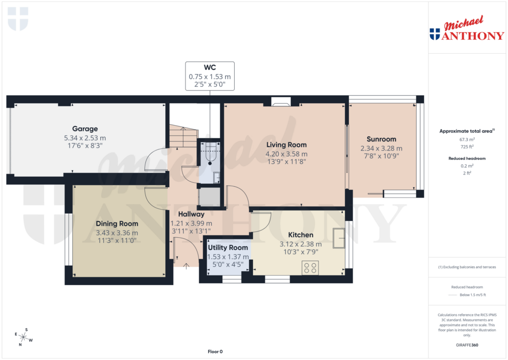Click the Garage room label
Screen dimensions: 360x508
click(84, 129)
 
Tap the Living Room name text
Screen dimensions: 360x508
click(287, 144)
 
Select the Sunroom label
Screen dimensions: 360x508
click(381, 139)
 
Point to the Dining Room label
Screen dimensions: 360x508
click(117, 224)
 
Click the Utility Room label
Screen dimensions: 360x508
click(228, 247)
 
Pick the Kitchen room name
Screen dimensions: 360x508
click(301, 235)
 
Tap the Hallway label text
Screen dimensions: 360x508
click(191, 214)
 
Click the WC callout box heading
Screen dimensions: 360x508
click(209, 67)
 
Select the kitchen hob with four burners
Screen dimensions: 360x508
click(311, 268)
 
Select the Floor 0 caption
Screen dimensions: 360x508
click(215, 352)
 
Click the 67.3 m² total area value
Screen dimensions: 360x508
click(466, 140)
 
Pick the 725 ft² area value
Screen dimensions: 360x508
click(466, 147)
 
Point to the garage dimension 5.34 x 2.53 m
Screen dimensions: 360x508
click(84, 138)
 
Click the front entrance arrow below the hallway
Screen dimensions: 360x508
click(186, 266)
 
